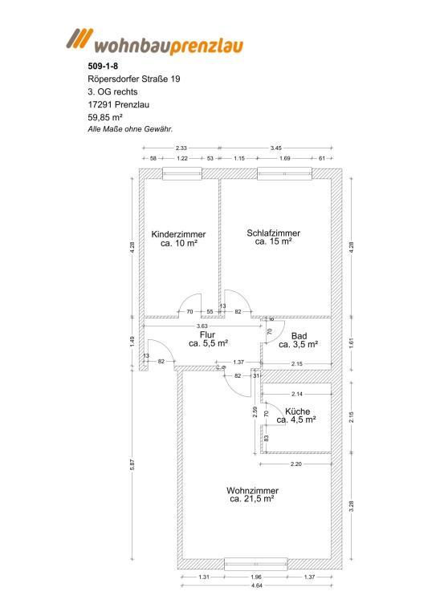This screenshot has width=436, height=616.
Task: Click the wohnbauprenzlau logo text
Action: pyautogui.click(x=169, y=45)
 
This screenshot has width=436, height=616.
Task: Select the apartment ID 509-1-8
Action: pyautogui.click(x=103, y=66)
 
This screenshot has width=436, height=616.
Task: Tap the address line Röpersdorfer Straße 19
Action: pyautogui.click(x=134, y=79)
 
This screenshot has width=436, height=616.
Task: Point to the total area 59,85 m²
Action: pyautogui.click(x=105, y=117)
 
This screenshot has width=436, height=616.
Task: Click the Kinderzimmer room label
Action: pyautogui.click(x=178, y=234)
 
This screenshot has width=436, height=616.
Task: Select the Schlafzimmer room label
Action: pyautogui.click(x=273, y=233)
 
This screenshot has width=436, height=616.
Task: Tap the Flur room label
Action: pyautogui.click(x=207, y=334)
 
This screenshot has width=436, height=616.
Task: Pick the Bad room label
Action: pyautogui.click(x=299, y=336)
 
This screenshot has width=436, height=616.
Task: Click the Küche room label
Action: pyautogui.click(x=298, y=411)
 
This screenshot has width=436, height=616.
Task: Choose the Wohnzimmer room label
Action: pyautogui.click(x=252, y=491)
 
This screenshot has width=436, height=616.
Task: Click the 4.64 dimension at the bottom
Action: pyautogui.click(x=256, y=586)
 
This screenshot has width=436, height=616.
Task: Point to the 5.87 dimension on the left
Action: pyautogui.click(x=132, y=464)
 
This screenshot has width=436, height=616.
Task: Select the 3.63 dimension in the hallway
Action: pyautogui.click(x=202, y=326)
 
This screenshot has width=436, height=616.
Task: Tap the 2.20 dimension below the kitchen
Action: pyautogui.click(x=295, y=464)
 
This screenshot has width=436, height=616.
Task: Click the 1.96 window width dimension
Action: pyautogui.click(x=255, y=577)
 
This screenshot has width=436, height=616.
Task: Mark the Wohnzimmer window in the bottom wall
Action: pyautogui.click(x=255, y=564)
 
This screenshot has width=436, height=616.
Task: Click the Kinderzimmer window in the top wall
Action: pyautogui.click(x=182, y=173)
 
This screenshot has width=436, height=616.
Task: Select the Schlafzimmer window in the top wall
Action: pyautogui.click(x=284, y=173)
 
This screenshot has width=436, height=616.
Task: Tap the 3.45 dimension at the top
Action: pyautogui.click(x=275, y=148)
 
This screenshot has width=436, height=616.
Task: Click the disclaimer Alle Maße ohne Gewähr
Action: pyautogui.click(x=130, y=129)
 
